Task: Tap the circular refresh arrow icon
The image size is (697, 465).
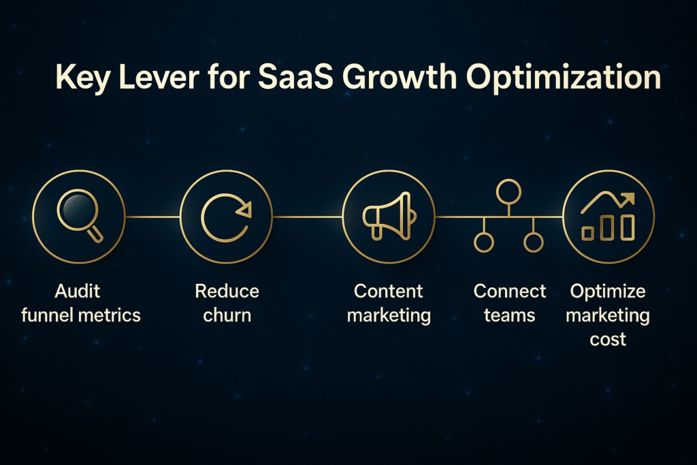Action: [226, 217]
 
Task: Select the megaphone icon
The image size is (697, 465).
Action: [389, 216]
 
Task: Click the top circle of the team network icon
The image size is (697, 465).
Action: [508, 191]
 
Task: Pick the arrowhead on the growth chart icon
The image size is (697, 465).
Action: [628, 199]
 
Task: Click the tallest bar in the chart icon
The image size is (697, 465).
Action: [628, 227]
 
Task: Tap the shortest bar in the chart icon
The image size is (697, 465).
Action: [588, 233]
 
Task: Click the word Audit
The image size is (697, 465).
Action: [78, 291]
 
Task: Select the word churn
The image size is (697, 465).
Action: [227, 315]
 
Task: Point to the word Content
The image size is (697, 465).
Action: [389, 291]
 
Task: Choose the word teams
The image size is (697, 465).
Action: [509, 316]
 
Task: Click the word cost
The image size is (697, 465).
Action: [608, 340]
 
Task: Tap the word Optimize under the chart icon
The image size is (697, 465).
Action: [608, 292]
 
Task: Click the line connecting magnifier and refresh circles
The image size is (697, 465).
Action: [152, 217]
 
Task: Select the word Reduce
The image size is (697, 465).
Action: [227, 291]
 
